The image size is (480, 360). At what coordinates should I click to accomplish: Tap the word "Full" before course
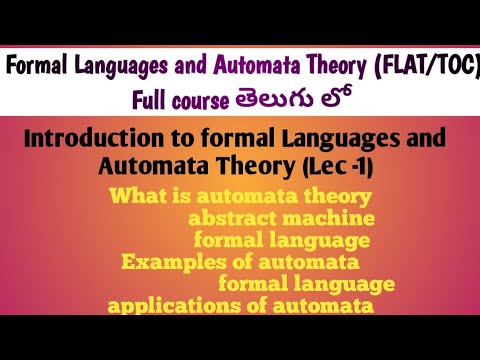157,100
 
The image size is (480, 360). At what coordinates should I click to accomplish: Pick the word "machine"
324,219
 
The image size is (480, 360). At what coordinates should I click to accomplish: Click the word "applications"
165,306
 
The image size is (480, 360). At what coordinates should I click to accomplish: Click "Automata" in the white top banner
274,67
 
